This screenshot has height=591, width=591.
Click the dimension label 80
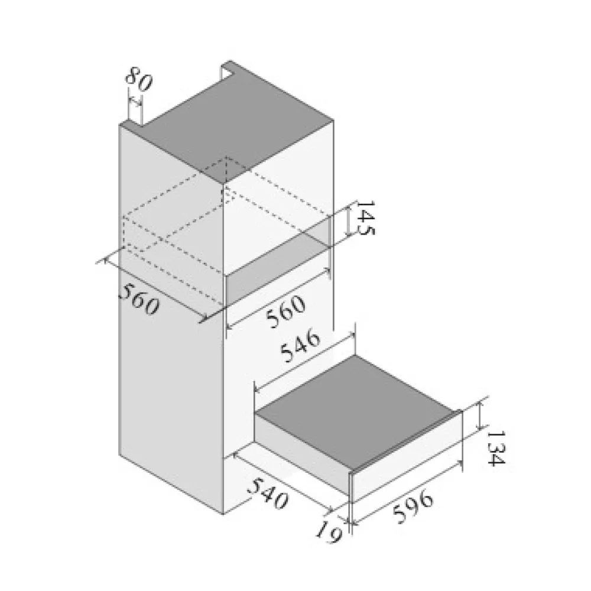coord(139,79)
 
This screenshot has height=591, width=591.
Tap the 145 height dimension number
coord(365,217)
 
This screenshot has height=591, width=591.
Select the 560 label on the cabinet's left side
coord(139,299)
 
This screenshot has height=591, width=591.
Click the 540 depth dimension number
coord(267,493)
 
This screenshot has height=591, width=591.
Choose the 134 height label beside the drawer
coord(495,448)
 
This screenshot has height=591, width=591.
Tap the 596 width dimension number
coord(413,506)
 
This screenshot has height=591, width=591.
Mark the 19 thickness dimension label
coord(328,532)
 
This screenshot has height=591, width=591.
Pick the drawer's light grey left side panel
coord(301,452)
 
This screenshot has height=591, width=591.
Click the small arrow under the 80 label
coord(135,100)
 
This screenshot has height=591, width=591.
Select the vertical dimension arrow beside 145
coord(348,223)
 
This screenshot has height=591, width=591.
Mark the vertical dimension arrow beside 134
coord(479,415)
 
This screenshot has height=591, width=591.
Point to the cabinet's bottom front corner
coord(223,514)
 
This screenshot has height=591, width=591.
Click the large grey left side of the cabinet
coord(171,320)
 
